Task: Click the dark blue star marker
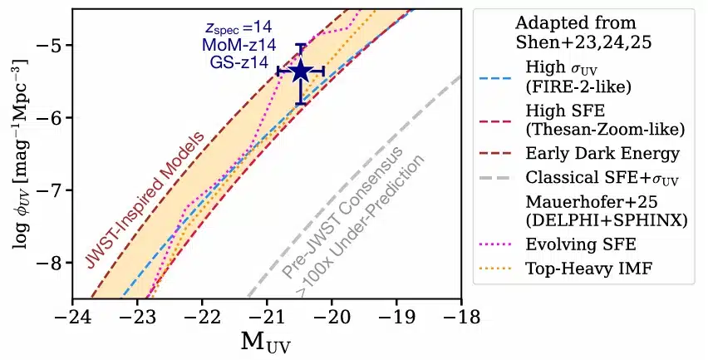click(301, 72)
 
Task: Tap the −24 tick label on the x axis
click(72, 317)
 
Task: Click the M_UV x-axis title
click(266, 343)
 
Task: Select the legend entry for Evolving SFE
click(558, 244)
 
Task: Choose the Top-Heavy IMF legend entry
click(563, 269)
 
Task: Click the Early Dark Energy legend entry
click(579, 154)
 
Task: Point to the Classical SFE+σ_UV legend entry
click(579, 178)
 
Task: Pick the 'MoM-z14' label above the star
click(238, 45)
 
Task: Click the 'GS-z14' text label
click(238, 62)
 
